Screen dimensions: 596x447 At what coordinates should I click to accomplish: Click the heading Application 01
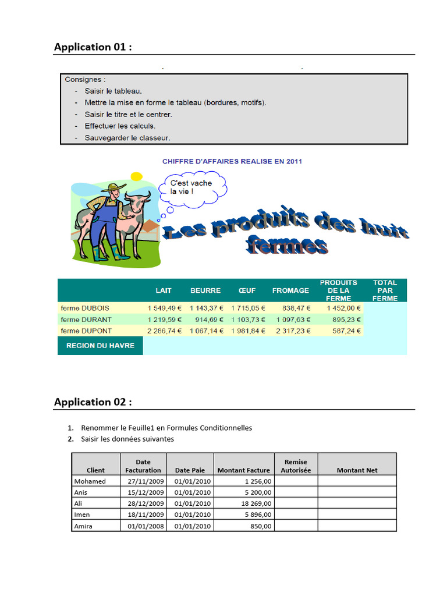point(93,47)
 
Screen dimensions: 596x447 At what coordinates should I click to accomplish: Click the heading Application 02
point(93,402)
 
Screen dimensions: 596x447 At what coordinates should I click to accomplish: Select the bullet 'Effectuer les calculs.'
point(120,126)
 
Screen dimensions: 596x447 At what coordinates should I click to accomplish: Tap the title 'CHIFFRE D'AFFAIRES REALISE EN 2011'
point(232,161)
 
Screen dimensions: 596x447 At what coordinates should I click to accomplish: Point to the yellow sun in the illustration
point(136,176)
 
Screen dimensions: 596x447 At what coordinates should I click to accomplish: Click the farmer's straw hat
point(113,188)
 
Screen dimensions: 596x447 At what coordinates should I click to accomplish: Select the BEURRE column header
point(205,290)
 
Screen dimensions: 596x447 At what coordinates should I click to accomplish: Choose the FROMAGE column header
point(290,290)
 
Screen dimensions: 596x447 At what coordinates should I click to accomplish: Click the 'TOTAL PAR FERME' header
point(385,290)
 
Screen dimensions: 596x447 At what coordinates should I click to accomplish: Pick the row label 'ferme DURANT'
point(86,320)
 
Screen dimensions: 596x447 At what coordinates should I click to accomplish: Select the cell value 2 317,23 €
point(292,331)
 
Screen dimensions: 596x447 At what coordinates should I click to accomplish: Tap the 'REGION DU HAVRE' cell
point(100,345)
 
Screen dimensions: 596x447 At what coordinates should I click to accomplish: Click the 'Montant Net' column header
point(357,470)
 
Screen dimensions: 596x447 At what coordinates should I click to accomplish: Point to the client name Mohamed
point(90,481)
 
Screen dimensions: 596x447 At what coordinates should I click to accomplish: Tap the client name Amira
point(83,526)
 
